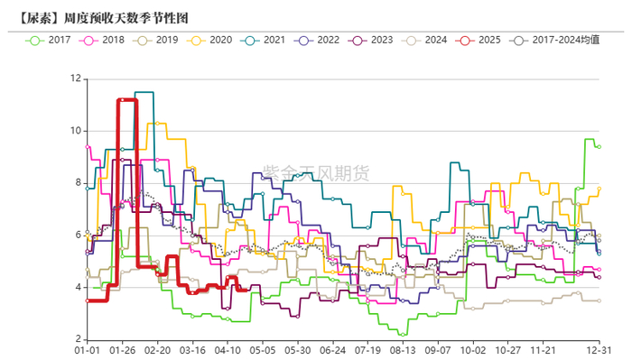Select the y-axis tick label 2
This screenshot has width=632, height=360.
(77, 339)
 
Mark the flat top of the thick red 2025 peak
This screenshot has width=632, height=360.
(126, 99)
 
